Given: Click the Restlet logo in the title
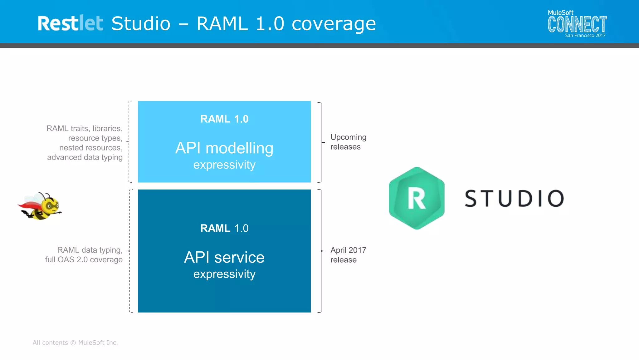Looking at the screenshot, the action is point(70,23).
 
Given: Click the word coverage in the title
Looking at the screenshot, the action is point(334,24).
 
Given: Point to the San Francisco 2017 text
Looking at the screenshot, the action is point(585,36).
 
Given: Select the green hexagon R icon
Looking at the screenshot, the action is point(417,198).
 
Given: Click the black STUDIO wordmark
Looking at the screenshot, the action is point(514,199).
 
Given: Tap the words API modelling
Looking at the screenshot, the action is point(224,148).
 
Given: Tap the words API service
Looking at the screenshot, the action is point(224,257).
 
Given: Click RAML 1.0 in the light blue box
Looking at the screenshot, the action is point(224,119).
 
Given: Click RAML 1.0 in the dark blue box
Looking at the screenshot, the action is point(224,228).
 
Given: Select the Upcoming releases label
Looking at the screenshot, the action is point(348,142).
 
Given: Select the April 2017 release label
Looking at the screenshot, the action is point(348,255).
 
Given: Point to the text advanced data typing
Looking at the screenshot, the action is point(85,157).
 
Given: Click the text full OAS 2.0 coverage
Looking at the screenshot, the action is point(84,260).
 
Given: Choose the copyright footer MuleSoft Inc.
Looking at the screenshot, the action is point(75,343).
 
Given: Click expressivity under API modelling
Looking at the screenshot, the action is point(224,165).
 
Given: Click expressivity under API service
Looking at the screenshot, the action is point(224,274).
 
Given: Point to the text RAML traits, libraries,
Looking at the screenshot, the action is point(84,128).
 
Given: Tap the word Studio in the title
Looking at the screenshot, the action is point(141,24).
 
